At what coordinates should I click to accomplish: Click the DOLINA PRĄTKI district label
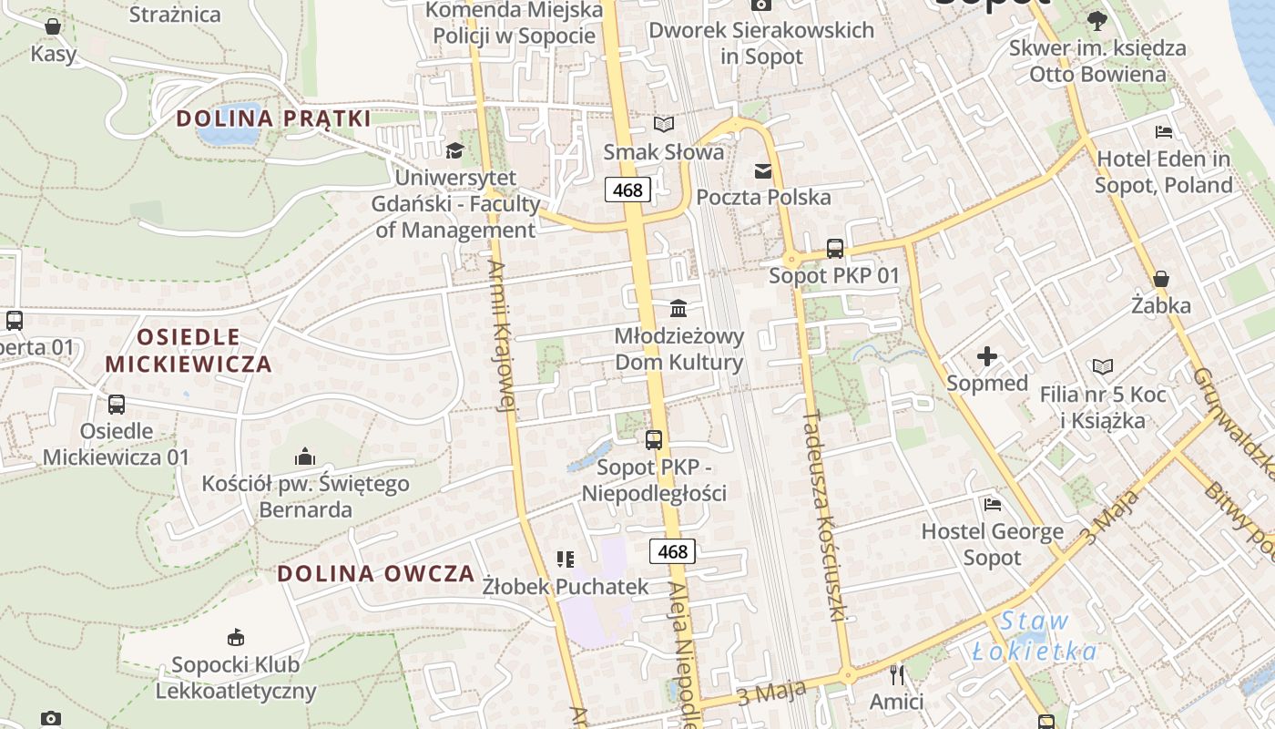[273, 118]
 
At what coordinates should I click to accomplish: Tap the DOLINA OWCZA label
[376, 573]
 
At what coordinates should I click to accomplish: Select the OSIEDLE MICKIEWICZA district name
[189, 351]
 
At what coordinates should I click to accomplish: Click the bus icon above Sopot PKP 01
[834, 248]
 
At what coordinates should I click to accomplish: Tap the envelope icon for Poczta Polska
[762, 170]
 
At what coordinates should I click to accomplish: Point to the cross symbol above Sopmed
[986, 356]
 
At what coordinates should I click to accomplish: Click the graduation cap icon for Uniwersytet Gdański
[454, 150]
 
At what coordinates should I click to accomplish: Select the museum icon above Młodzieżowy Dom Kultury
[678, 308]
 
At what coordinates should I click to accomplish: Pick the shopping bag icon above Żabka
[1160, 278]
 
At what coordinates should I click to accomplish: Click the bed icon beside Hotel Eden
[1163, 132]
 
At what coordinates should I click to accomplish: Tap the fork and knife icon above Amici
[897, 675]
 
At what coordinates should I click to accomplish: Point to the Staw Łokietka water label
[1034, 636]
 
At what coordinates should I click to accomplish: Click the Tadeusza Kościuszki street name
[825, 515]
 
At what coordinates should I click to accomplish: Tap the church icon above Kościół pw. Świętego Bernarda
[305, 456]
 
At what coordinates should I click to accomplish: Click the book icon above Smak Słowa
[664, 124]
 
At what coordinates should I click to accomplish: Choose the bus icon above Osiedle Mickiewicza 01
[116, 404]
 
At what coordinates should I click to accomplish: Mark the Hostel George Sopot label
[992, 544]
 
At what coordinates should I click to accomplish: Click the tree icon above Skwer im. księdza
[1096, 20]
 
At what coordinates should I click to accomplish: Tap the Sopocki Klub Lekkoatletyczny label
[236, 677]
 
